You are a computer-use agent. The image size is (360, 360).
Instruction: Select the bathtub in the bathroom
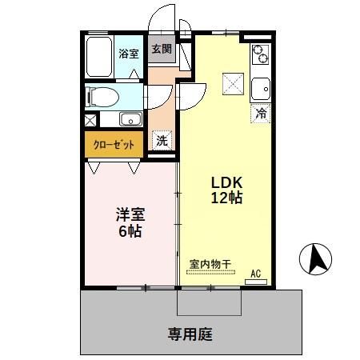pyautogui.click(x=100, y=56)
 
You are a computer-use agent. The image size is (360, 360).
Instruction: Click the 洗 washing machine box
pyautogui.click(x=162, y=140)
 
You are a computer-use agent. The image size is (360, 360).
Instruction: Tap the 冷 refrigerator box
pyautogui.click(x=261, y=113)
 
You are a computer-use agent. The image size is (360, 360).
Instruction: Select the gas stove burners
pyautogui.click(x=261, y=54)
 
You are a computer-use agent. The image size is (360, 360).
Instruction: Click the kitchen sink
pyautogui.click(x=261, y=86)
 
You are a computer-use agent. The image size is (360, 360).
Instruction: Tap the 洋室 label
pyautogui.click(x=130, y=214)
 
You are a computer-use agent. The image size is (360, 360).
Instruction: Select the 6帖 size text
pyautogui.click(x=130, y=233)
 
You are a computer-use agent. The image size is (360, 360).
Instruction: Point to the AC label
pyautogui.click(x=256, y=274)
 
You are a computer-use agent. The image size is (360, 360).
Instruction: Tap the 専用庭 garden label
pyautogui.click(x=190, y=334)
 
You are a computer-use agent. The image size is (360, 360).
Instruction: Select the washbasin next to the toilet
pyautogui.click(x=130, y=120)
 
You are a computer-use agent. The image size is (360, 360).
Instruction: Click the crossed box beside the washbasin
pyautogui.click(x=90, y=122)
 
